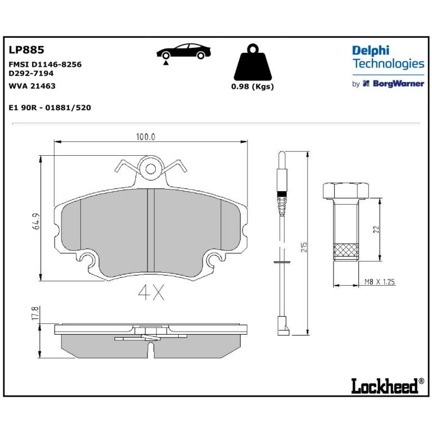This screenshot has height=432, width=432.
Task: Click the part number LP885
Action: (x=26, y=50)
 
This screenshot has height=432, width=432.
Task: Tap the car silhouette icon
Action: (x=183, y=52)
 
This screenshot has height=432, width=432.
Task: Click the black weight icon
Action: (x=253, y=62)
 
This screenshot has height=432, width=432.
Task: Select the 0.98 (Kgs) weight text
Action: (x=253, y=87)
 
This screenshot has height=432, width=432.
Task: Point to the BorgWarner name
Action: (x=398, y=83)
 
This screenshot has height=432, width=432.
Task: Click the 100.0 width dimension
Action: (x=146, y=137)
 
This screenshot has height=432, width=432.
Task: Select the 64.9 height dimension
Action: (x=37, y=221)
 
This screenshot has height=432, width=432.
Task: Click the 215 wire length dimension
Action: (x=303, y=247)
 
